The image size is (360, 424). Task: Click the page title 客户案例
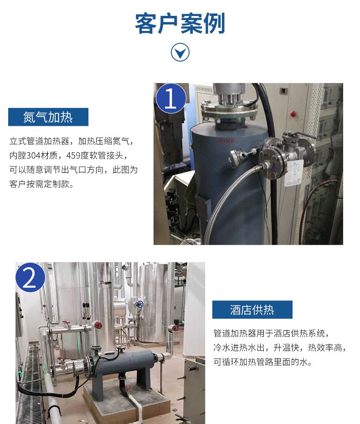pyautogui.click(x=180, y=24)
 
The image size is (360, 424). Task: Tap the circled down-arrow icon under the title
pyautogui.click(x=180, y=52)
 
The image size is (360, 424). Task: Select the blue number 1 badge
pyautogui.click(x=171, y=98)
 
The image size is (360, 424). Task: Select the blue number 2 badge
pyautogui.click(x=30, y=278)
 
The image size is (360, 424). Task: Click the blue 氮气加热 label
pyautogui.click(x=48, y=117)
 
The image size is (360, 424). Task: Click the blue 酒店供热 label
pyautogui.click(x=252, y=310)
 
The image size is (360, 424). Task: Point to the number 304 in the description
pyautogui.click(x=33, y=155)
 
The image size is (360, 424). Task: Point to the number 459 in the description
pyautogui.click(x=73, y=155)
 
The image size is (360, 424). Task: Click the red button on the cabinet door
pyautogui.click(x=293, y=113)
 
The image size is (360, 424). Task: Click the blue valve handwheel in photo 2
pyautogui.click(x=139, y=304)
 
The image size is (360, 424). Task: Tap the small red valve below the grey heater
pyautogui.click(x=128, y=388)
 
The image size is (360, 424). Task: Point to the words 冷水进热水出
pyautogui.click(x=239, y=347)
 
